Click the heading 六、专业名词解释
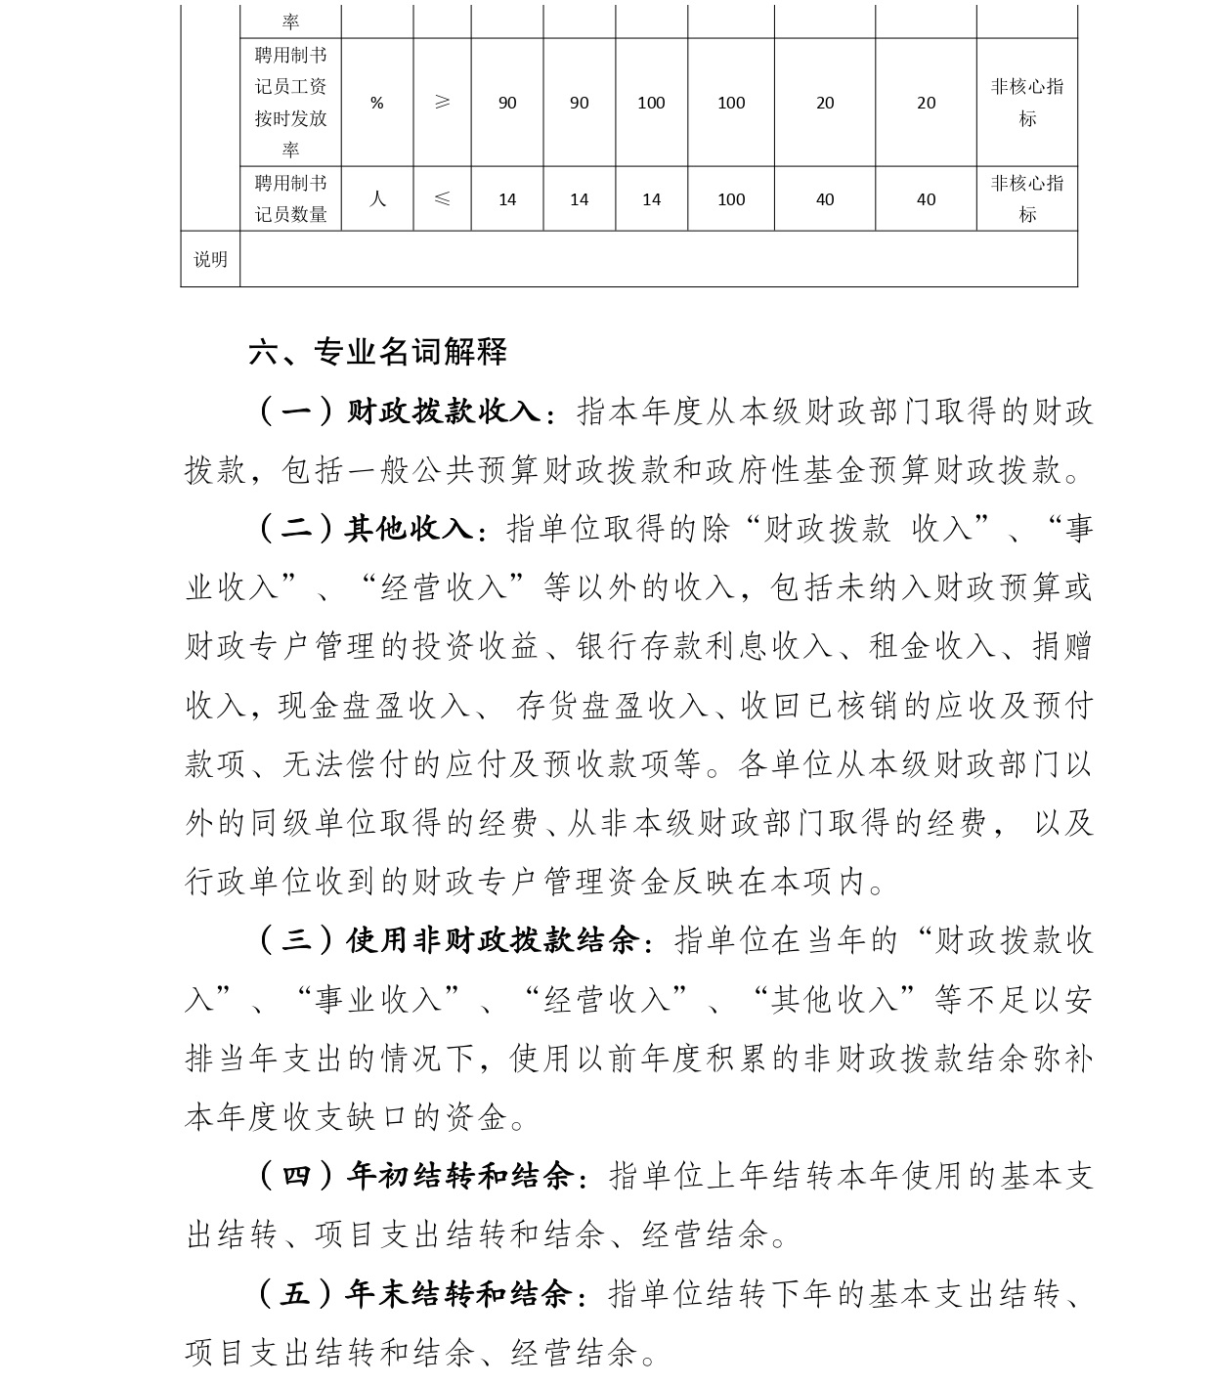pyautogui.click(x=378, y=352)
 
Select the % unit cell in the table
pyautogui.click(x=377, y=103)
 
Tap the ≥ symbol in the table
pyautogui.click(x=442, y=103)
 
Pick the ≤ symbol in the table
pyautogui.click(x=442, y=199)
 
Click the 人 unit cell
pyautogui.click(x=377, y=199)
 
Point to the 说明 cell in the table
pyautogui.click(x=210, y=259)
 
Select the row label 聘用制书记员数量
pyautogui.click(x=291, y=199)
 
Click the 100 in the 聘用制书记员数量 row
pyautogui.click(x=731, y=199)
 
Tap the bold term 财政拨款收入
pyautogui.click(x=444, y=411)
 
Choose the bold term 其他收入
pyautogui.click(x=410, y=529)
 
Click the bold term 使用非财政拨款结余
pyautogui.click(x=493, y=941)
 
